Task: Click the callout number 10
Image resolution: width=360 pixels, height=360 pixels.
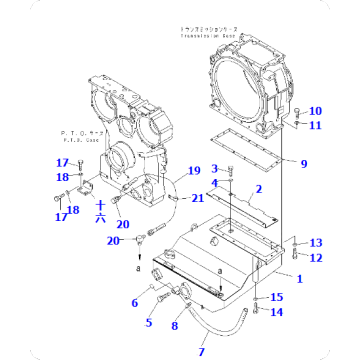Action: [x=316, y=111]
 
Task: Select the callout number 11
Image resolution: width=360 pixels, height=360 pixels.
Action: [x=316, y=125]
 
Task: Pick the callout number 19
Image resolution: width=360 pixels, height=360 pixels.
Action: [x=194, y=171]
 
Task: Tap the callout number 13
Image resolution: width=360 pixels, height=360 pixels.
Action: [x=315, y=243]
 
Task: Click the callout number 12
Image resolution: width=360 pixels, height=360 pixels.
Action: [x=315, y=258]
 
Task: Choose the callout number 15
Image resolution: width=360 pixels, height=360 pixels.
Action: [x=277, y=297]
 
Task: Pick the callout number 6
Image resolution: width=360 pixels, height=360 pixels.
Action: [x=135, y=302]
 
